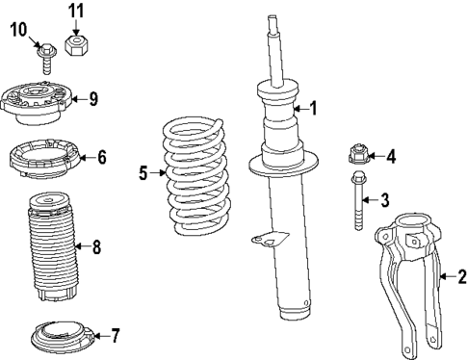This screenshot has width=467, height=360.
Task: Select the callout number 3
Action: click(x=384, y=200)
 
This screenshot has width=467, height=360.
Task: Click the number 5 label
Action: click(x=143, y=173)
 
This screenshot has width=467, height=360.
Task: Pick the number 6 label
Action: click(x=101, y=157)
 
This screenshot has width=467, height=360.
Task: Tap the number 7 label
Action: click(x=115, y=336)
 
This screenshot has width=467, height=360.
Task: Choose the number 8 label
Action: click(x=95, y=246)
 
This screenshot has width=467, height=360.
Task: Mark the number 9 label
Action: click(x=92, y=97)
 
